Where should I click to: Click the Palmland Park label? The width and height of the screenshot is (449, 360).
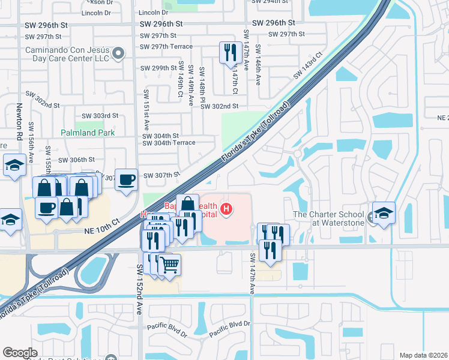(x=88, y=132)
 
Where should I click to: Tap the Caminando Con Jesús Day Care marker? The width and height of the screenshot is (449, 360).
(x=119, y=54)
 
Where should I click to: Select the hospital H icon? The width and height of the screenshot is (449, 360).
(x=226, y=209)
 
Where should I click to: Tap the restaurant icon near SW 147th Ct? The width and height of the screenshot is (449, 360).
(x=230, y=53)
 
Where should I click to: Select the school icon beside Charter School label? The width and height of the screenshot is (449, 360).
(x=383, y=212)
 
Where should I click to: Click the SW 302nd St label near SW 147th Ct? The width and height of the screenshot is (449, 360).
(x=220, y=106)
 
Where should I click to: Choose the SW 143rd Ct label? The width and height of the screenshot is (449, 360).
(x=308, y=66)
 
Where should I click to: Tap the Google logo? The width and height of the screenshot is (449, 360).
(x=20, y=353)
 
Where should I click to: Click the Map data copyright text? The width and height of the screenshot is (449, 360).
(x=424, y=355)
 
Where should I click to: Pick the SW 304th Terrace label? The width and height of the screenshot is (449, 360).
(x=169, y=143)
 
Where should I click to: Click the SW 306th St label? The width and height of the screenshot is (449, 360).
(x=77, y=160)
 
